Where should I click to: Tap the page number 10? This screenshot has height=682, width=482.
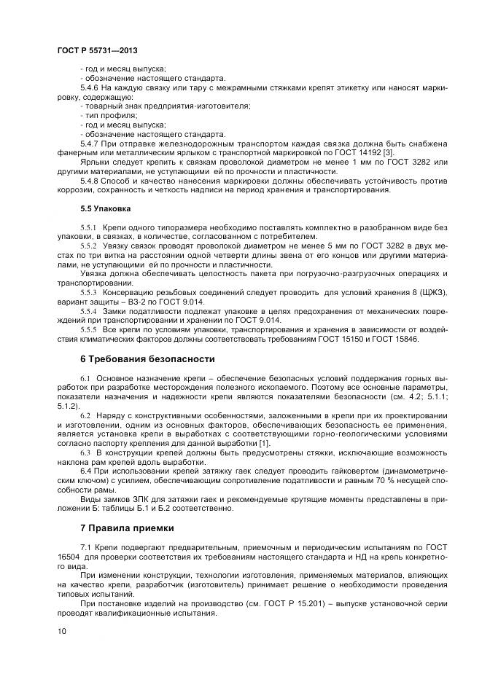click(61, 631)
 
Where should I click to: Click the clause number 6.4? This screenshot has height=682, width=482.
click(87, 471)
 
